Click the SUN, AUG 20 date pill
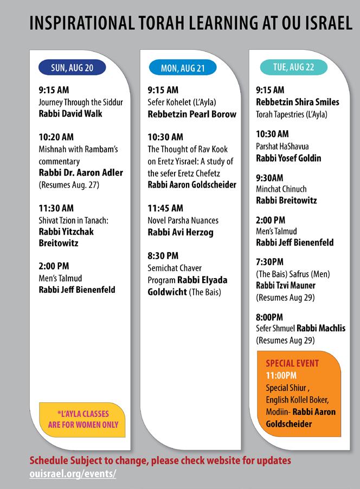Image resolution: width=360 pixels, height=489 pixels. (x=72, y=67)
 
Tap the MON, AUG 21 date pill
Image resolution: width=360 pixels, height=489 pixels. (x=182, y=68)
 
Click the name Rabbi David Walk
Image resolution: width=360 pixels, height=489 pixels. (x=70, y=114)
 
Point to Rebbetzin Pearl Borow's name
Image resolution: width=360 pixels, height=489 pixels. (x=192, y=114)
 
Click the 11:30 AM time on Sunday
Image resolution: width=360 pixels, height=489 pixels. (x=56, y=208)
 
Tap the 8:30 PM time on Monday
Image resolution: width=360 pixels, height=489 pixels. (x=163, y=256)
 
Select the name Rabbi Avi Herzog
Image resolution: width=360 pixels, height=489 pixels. (x=180, y=232)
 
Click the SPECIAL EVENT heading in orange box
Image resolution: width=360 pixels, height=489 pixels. (x=292, y=363)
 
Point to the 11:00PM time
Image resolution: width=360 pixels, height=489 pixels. (x=281, y=375)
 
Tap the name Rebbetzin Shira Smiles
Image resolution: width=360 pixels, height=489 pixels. (x=298, y=102)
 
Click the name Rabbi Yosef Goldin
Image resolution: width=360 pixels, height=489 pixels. (x=288, y=158)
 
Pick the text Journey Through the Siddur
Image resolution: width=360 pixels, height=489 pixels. (x=81, y=102)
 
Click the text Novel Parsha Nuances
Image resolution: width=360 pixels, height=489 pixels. (x=183, y=220)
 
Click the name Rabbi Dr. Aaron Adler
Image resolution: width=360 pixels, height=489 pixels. (x=81, y=173)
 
